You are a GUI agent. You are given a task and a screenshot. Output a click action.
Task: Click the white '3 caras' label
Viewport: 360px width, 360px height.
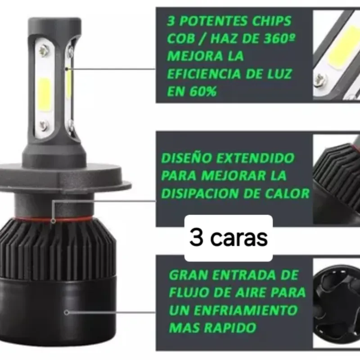(x=229, y=238)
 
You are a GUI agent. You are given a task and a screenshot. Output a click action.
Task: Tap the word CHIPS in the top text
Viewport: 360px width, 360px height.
(x=272, y=21)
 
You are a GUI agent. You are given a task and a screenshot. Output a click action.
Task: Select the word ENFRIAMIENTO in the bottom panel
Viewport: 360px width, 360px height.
(x=246, y=310)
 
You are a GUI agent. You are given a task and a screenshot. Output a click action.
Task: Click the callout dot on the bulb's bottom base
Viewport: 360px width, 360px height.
(x=67, y=312)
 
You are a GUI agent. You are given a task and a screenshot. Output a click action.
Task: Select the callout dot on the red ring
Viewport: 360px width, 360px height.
(x=53, y=221)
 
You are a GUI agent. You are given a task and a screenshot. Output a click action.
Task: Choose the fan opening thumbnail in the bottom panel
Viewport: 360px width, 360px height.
(x=336, y=302)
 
